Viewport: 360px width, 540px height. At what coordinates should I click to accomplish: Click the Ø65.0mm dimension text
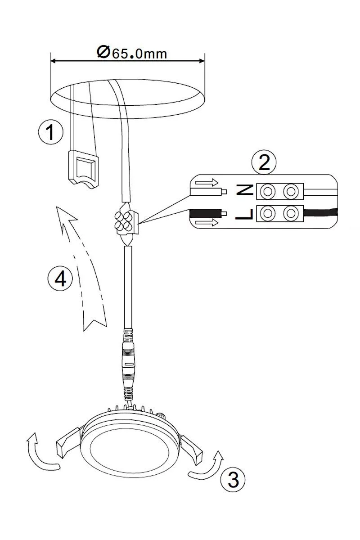click(132, 53)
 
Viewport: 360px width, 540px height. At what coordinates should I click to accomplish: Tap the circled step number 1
click(51, 132)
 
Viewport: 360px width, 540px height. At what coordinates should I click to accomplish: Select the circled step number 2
click(264, 162)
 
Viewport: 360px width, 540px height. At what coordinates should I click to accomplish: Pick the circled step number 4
click(60, 279)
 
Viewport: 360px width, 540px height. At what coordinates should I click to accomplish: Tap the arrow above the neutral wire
click(207, 182)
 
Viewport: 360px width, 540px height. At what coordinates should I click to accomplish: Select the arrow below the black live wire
click(207, 222)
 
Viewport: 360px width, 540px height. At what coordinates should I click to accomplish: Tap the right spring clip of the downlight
click(192, 448)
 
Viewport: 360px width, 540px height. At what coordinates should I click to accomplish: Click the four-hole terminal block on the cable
click(126, 220)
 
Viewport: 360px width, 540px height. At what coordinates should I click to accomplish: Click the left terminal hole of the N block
click(268, 191)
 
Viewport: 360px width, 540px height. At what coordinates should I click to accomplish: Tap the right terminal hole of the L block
click(291, 213)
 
